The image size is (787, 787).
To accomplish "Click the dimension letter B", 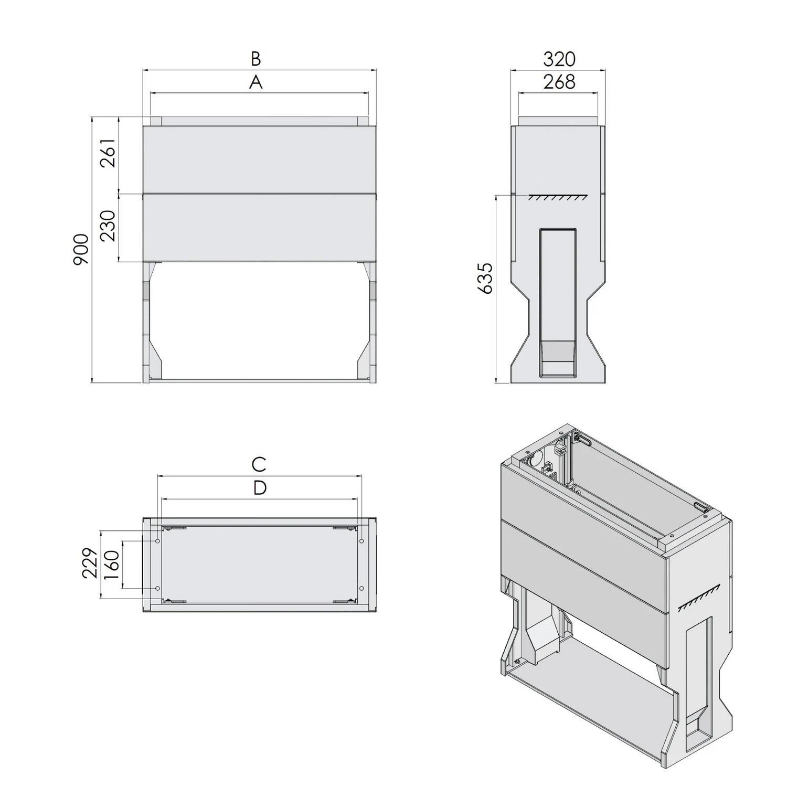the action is point(256,58).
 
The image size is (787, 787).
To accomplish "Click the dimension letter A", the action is point(256,82).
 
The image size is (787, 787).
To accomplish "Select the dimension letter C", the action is point(259,464).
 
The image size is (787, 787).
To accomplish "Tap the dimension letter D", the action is point(260,488).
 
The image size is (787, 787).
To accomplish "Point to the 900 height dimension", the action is point(81,249).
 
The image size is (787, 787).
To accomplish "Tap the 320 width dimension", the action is point(559,59).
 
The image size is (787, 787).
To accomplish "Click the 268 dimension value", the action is point(559,82).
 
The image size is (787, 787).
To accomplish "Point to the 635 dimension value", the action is point(485,278).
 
